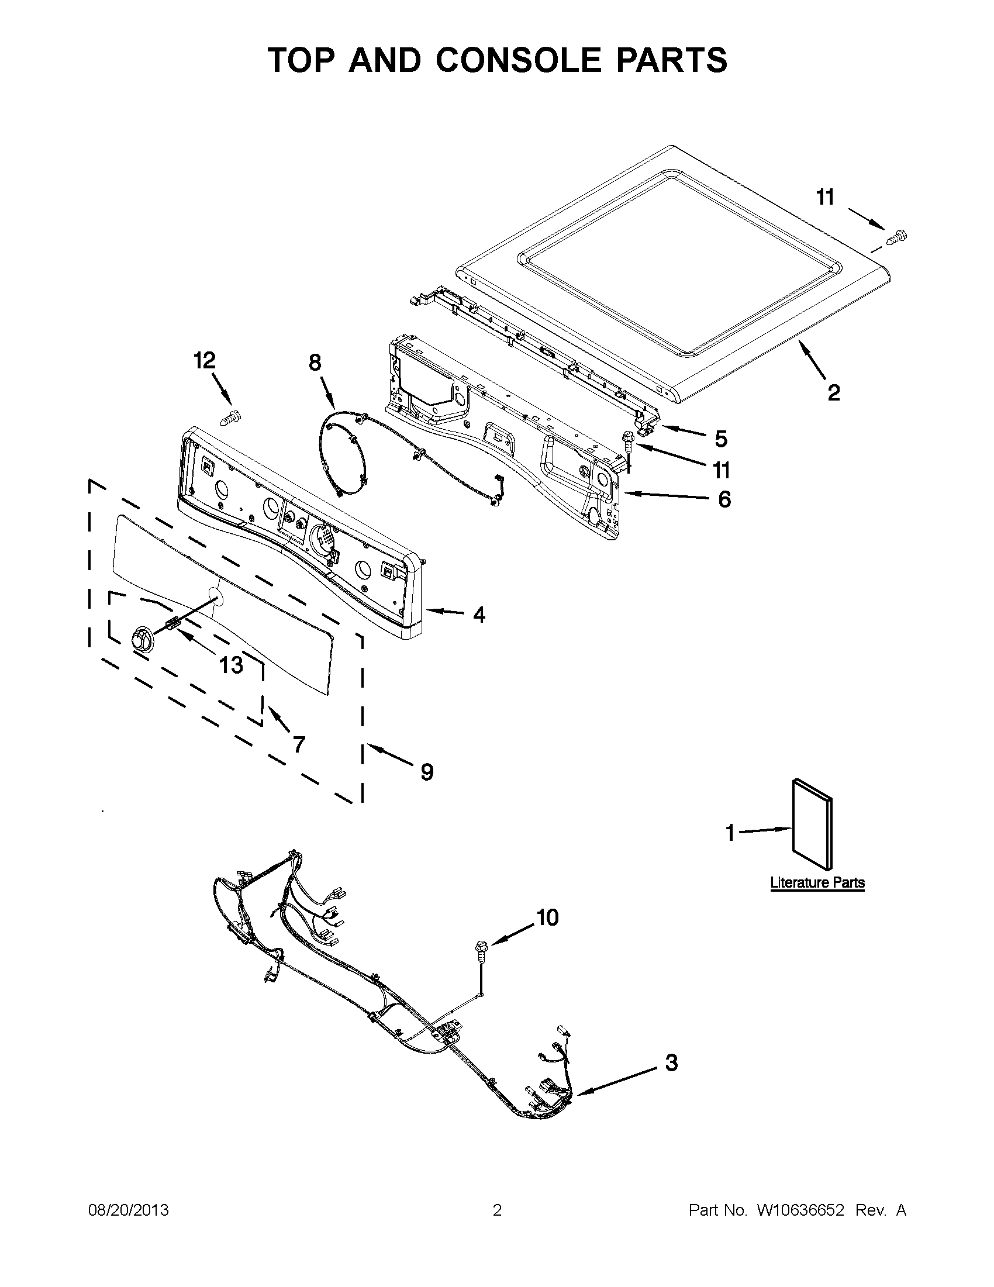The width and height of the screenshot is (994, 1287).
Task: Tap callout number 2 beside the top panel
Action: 833,392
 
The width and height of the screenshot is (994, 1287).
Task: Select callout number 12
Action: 205,360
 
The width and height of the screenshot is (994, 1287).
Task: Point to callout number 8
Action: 315,363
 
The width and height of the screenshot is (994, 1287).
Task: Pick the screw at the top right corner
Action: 897,237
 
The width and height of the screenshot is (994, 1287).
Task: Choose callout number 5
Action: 720,439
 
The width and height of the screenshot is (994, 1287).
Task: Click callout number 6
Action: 724,499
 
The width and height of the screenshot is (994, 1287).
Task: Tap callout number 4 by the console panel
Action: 479,615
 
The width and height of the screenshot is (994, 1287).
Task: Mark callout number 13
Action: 230,665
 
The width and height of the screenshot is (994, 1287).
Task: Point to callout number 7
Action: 299,745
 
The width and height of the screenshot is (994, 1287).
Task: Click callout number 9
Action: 427,771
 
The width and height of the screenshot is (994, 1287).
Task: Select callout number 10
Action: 547,917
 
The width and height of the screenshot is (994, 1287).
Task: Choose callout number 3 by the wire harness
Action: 671,1062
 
